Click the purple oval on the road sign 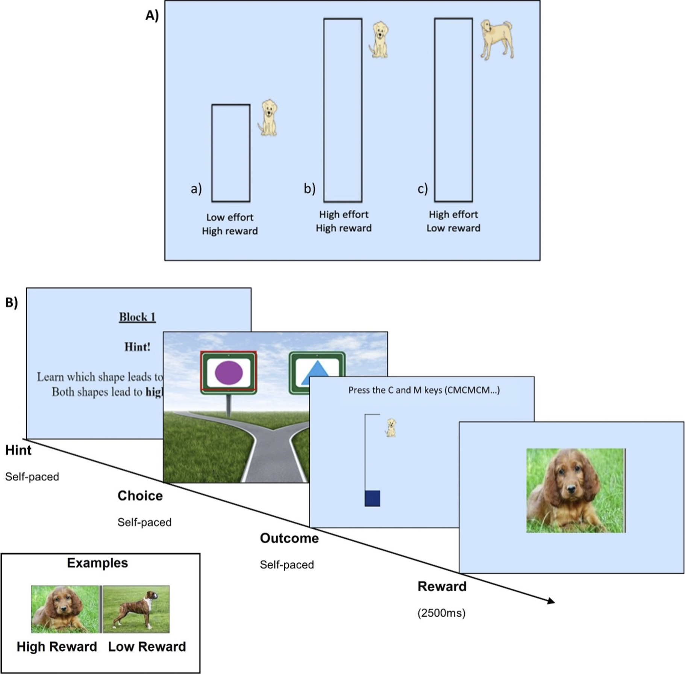tap(229, 373)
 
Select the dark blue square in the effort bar tap(372, 498)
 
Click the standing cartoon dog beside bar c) tap(497, 39)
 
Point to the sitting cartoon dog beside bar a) tap(268, 118)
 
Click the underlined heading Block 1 tap(137, 317)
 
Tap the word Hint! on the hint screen tap(137, 347)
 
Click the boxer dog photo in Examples tap(136, 609)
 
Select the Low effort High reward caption tap(230, 224)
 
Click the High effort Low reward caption tap(453, 221)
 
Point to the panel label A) tap(152, 15)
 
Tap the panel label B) tap(12, 303)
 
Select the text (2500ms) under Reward tap(441, 613)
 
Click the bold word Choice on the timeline tap(140, 496)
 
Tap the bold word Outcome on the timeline tap(289, 538)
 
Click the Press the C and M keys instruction tap(424, 390)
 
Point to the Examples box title tap(97, 563)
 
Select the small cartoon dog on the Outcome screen tap(391, 428)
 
